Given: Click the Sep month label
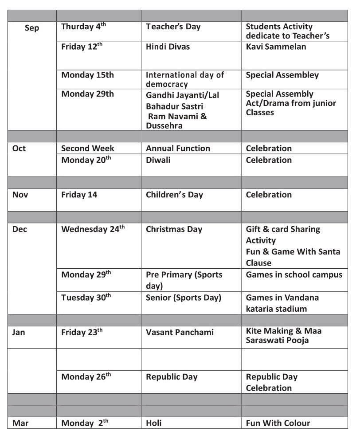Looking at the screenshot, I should (32, 28).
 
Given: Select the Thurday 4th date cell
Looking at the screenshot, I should (83, 27).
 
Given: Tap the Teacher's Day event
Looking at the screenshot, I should (173, 27).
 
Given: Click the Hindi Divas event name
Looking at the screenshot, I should (168, 47).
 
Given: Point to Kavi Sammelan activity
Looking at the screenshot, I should (276, 47).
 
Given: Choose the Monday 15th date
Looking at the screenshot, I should (87, 75).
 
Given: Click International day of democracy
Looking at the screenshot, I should (185, 79).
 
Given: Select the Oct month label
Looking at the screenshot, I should (19, 149).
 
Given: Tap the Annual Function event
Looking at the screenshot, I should (178, 149).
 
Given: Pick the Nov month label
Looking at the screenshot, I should (20, 195).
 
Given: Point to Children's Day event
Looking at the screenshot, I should (174, 195).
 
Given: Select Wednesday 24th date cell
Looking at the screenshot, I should (93, 229).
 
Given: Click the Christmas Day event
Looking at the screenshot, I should (174, 229).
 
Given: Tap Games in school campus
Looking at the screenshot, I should (294, 274).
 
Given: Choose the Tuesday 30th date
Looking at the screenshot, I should (86, 298).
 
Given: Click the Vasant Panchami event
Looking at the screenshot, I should (180, 332).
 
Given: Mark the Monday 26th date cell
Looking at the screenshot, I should (86, 377).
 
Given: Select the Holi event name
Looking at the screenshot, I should (154, 423).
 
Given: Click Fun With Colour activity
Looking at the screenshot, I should (278, 423).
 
